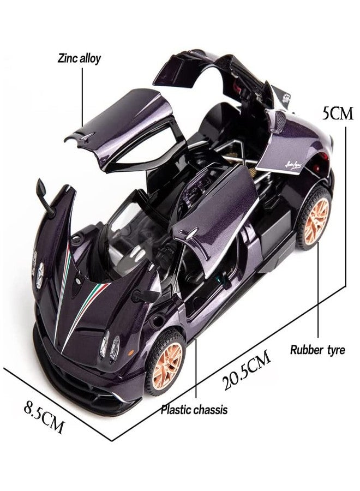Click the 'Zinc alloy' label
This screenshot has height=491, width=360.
[79, 58]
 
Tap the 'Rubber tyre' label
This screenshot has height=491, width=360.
[317, 350]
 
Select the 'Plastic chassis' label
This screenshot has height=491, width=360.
[194, 410]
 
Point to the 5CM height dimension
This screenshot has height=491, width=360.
[338, 114]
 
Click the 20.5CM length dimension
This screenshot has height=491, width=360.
[247, 370]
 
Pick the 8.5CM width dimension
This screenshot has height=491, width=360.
[44, 417]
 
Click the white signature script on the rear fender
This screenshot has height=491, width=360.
[292, 165]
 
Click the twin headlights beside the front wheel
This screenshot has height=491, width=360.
[110, 346]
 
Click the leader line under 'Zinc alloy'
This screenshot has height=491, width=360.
[82, 98]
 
